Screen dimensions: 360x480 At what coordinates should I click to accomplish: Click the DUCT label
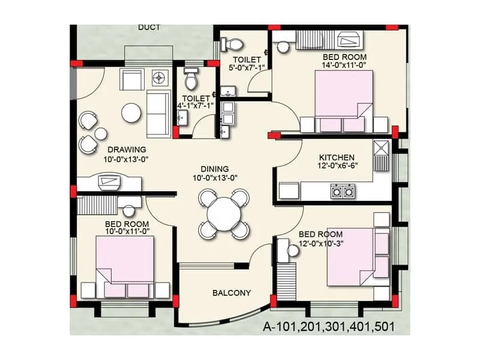[149, 28]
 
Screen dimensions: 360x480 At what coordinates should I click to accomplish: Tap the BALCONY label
[232, 293]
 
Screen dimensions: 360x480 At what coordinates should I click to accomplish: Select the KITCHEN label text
[337, 157]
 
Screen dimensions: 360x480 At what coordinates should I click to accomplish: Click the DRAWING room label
[127, 149]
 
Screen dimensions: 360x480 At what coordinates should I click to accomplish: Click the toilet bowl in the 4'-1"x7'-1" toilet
[191, 79]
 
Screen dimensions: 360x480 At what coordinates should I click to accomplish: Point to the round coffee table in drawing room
[131, 112]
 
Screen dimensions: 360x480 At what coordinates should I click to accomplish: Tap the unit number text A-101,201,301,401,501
[328, 327]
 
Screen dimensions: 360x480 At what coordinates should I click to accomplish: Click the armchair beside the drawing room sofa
[131, 80]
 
